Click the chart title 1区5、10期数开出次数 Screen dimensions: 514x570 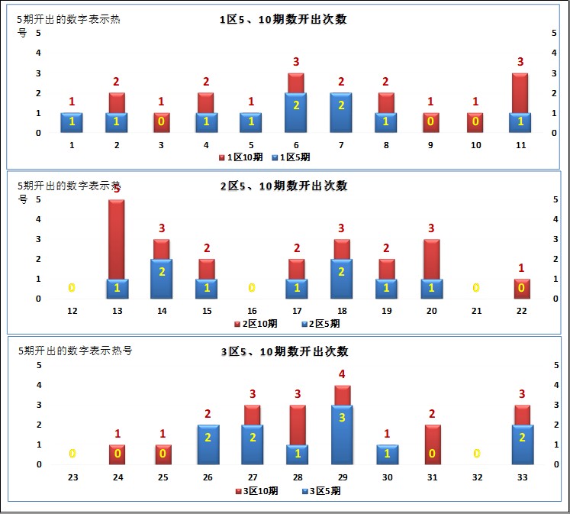(283, 19)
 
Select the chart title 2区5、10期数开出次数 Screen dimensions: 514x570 (283, 186)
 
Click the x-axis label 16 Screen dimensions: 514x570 (253, 311)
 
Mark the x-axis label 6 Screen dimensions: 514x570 (297, 145)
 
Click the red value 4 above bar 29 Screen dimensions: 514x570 (343, 374)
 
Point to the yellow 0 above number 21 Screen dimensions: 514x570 (477, 288)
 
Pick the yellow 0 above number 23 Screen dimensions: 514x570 (72, 454)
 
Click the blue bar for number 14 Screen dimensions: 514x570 (162, 278)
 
